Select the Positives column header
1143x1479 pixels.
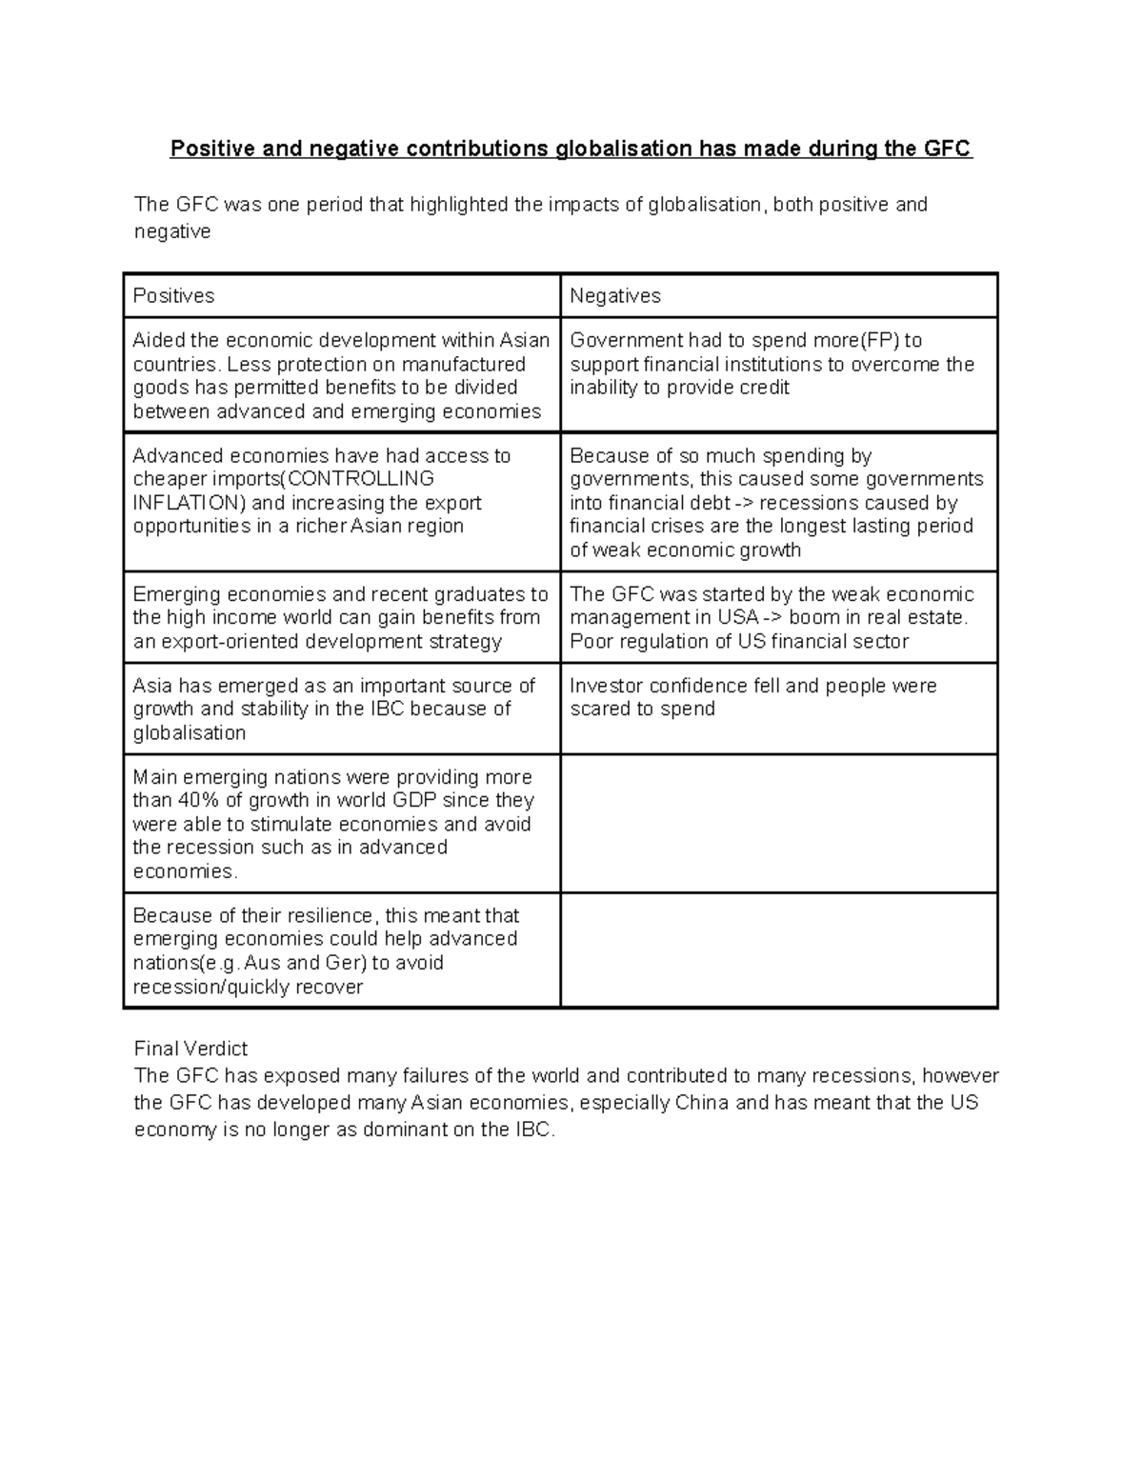(173, 296)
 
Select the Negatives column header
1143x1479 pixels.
(614, 296)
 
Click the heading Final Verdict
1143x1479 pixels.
(190, 1049)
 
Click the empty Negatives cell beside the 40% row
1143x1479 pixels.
(778, 824)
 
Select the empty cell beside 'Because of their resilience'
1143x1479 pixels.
(778, 950)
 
